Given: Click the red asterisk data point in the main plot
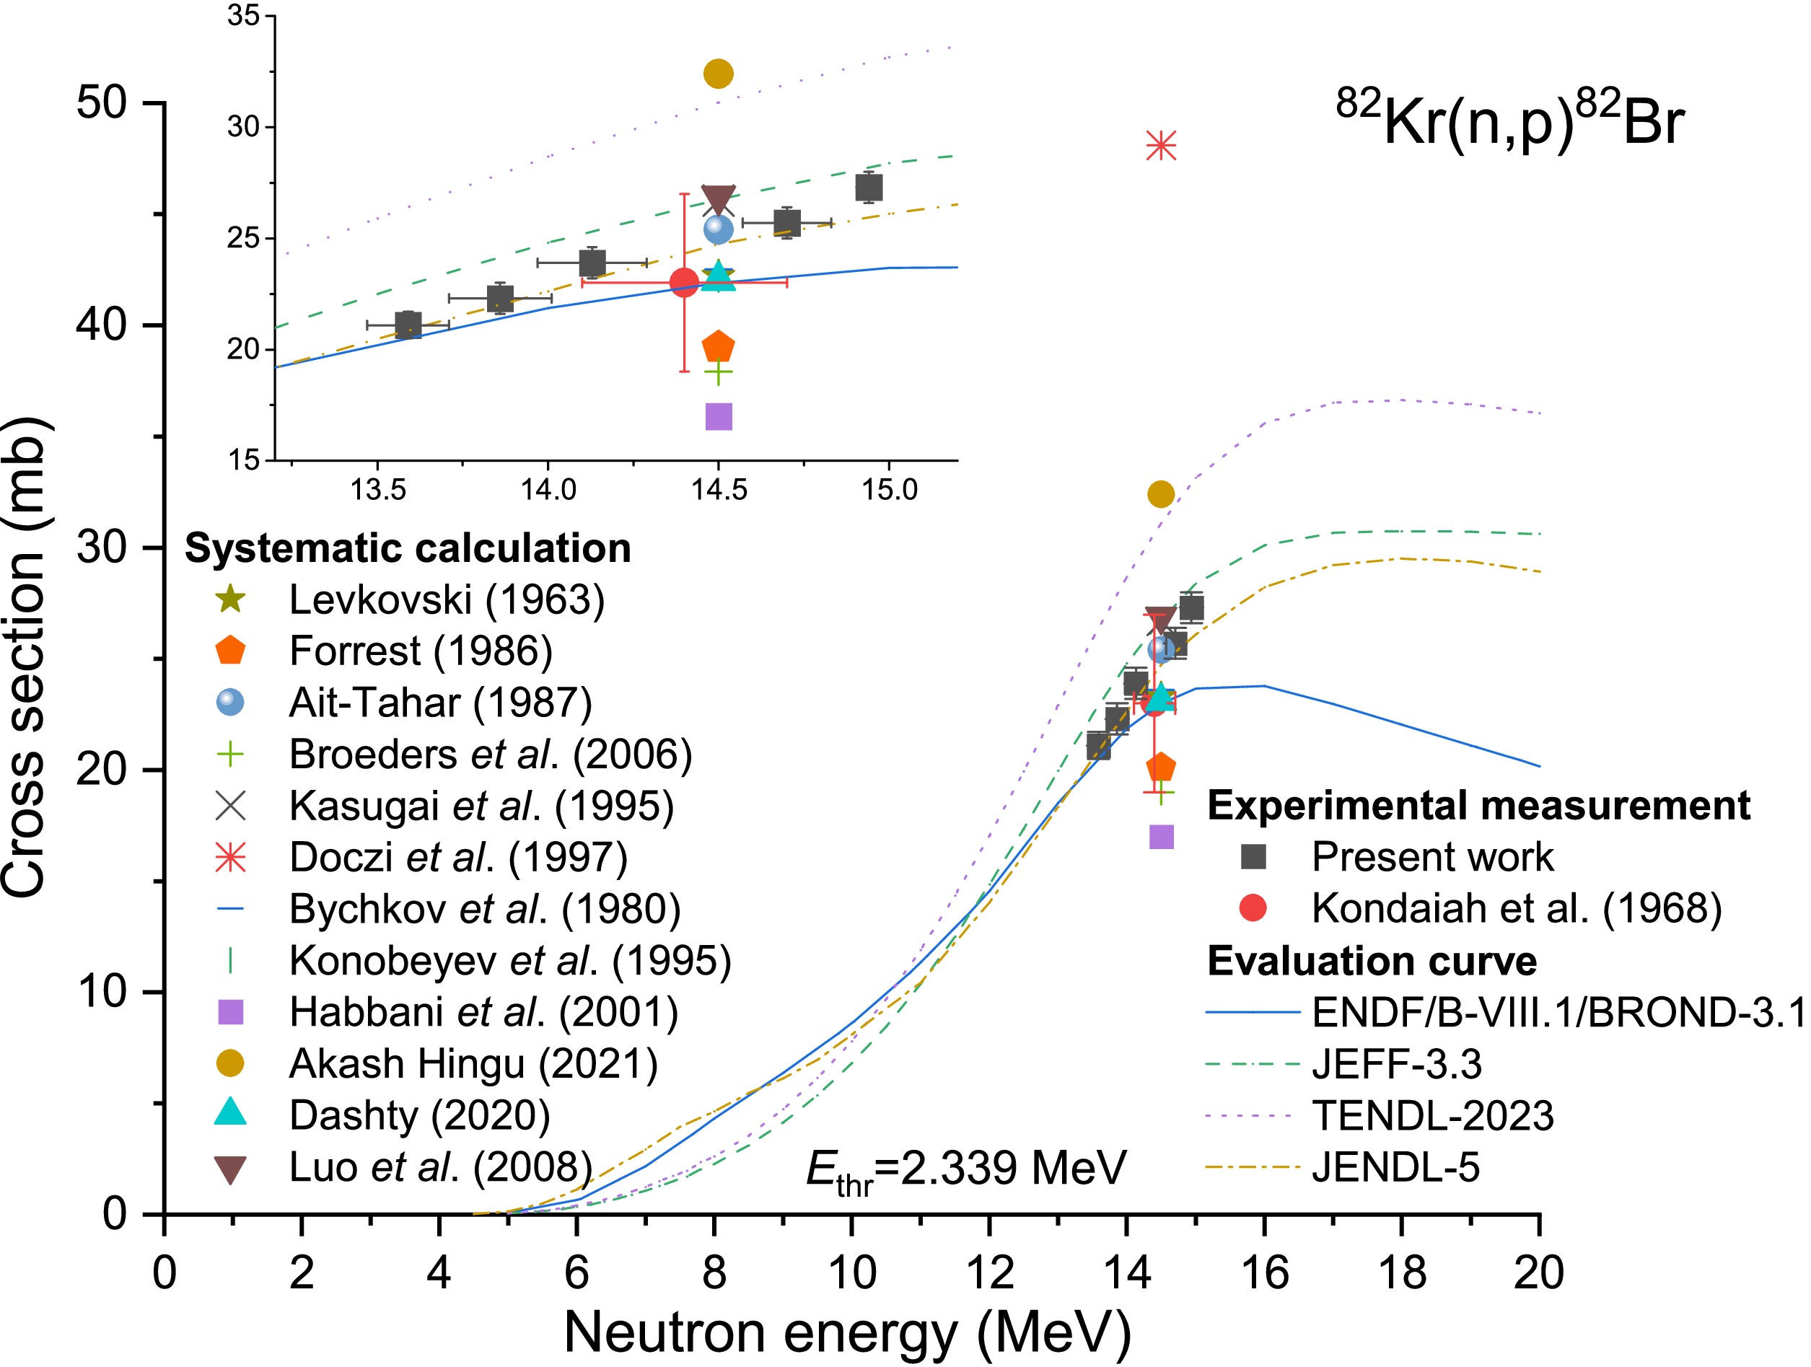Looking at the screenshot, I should pos(1161,146).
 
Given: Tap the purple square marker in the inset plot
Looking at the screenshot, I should pos(718,417).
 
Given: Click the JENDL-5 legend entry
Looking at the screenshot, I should pos(1395,1167).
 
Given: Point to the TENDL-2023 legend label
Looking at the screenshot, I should pos(1432,1116).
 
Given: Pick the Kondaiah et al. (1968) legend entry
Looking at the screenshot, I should pos(1517,907).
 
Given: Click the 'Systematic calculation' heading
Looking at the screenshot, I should pos(408,548).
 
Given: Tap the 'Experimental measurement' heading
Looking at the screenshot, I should pos(1478,806).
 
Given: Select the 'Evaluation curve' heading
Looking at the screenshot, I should pos(1372,961).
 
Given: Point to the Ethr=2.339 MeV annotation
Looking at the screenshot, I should pos(966,1169).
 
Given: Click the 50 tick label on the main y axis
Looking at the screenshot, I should pos(102,103).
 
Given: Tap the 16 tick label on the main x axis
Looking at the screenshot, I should pos(1264,1274).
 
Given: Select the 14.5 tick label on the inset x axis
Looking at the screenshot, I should pos(719,490).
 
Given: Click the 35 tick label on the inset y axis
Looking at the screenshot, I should pos(243,16).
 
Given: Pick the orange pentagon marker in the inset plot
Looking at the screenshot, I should pos(718,347).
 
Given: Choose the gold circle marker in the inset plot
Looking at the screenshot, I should pos(718,74).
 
